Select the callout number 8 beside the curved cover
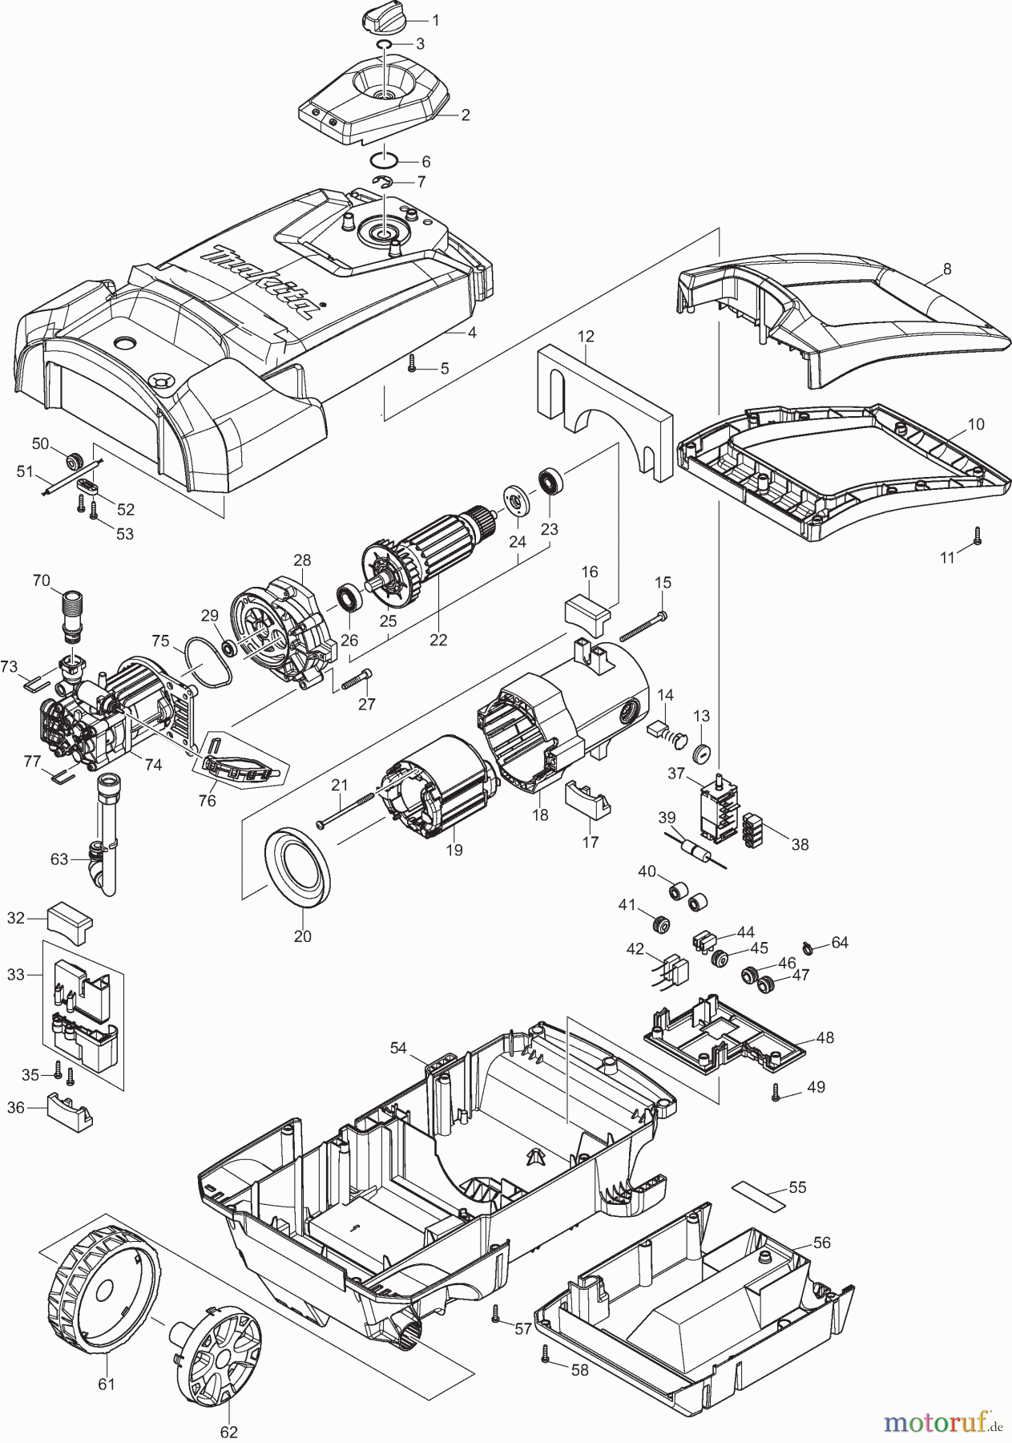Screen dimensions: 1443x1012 (x=947, y=269)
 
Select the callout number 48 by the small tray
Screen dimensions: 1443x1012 (x=825, y=1037)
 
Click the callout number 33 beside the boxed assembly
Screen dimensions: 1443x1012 (x=16, y=975)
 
